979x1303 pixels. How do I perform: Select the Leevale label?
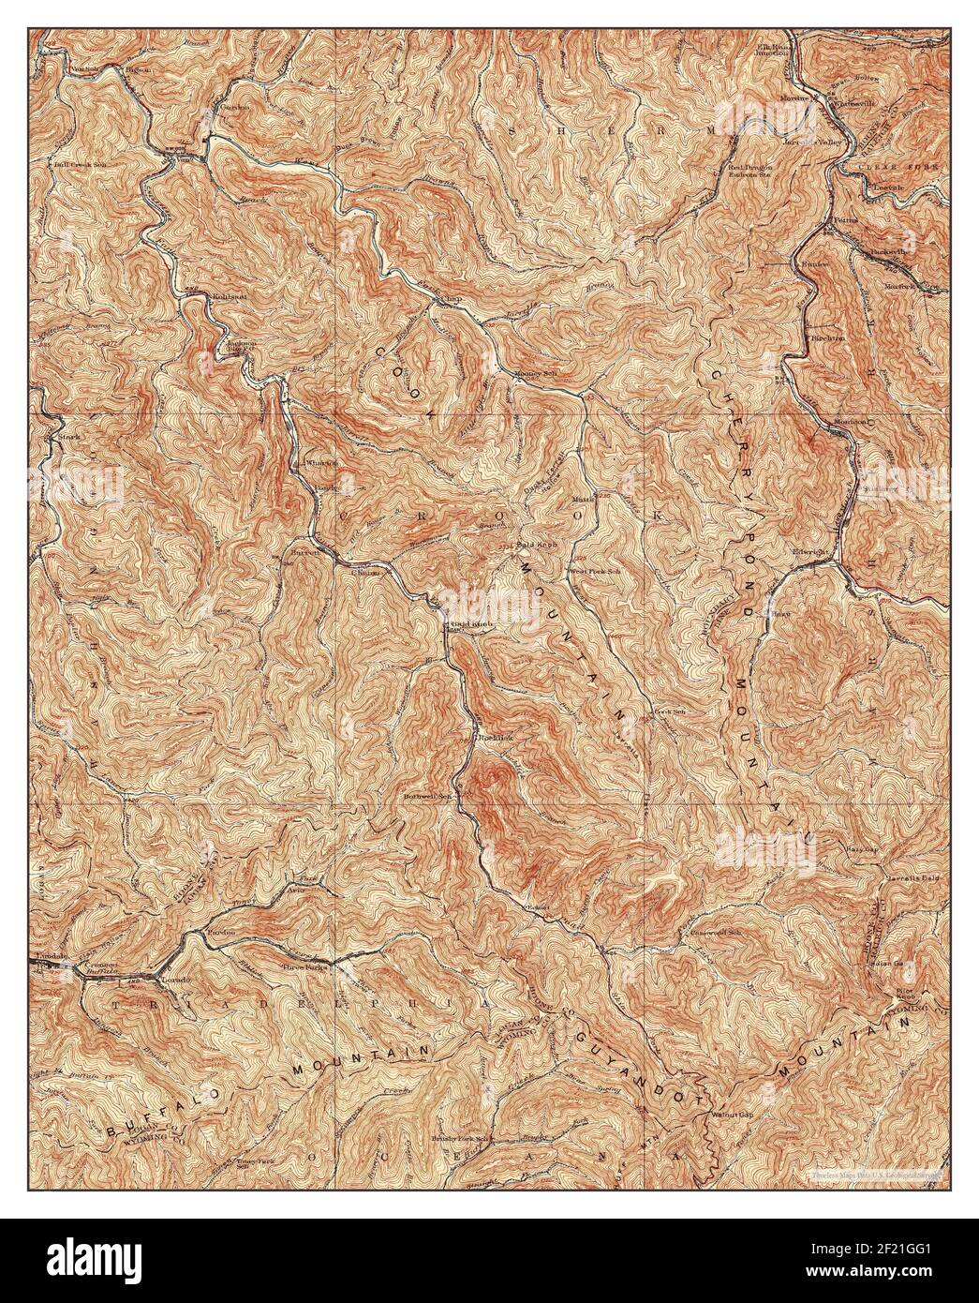(887, 187)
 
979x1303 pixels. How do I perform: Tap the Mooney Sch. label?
(532, 375)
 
